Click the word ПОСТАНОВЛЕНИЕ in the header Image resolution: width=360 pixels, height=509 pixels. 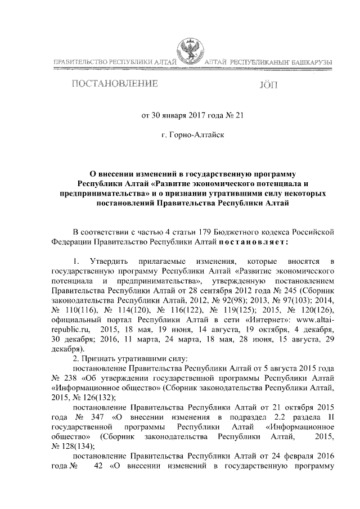pyautogui.click(x=113, y=85)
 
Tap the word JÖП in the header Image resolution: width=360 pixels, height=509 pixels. pyautogui.click(x=268, y=85)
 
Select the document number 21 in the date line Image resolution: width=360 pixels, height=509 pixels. pyautogui.click(x=240, y=117)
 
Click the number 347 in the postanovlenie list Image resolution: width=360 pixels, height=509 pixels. pyautogui.click(x=93, y=420)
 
